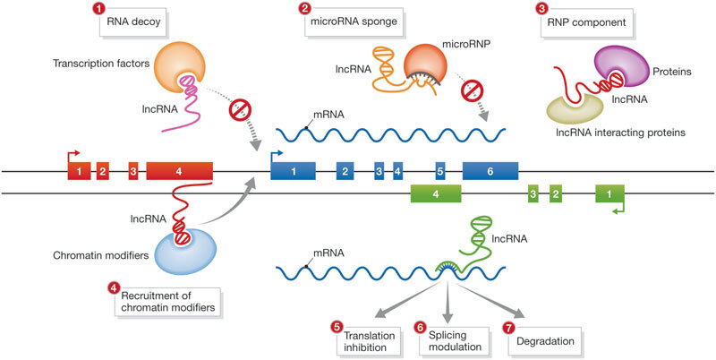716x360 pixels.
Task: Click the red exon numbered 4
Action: click(179, 170)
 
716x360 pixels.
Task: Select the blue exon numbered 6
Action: click(490, 170)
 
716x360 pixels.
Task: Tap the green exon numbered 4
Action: click(435, 193)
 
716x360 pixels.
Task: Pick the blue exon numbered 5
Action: click(439, 170)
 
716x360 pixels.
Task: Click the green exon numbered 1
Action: click(610, 193)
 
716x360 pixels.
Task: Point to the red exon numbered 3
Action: click(133, 170)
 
